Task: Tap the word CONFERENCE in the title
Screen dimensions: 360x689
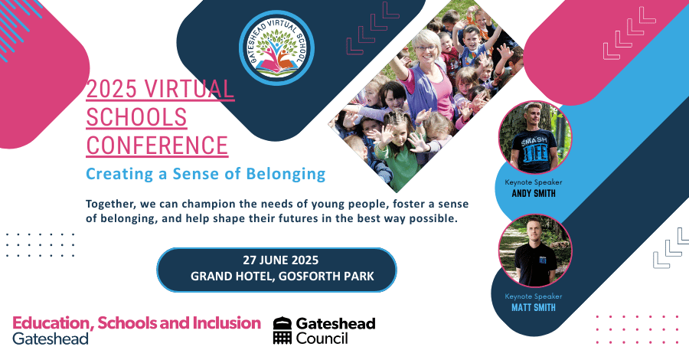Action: click(157, 145)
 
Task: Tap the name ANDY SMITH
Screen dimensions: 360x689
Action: click(534, 193)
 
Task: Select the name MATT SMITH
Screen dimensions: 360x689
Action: click(534, 308)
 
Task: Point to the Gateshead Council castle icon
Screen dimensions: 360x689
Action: click(283, 330)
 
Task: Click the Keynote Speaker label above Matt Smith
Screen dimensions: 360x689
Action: click(534, 296)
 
